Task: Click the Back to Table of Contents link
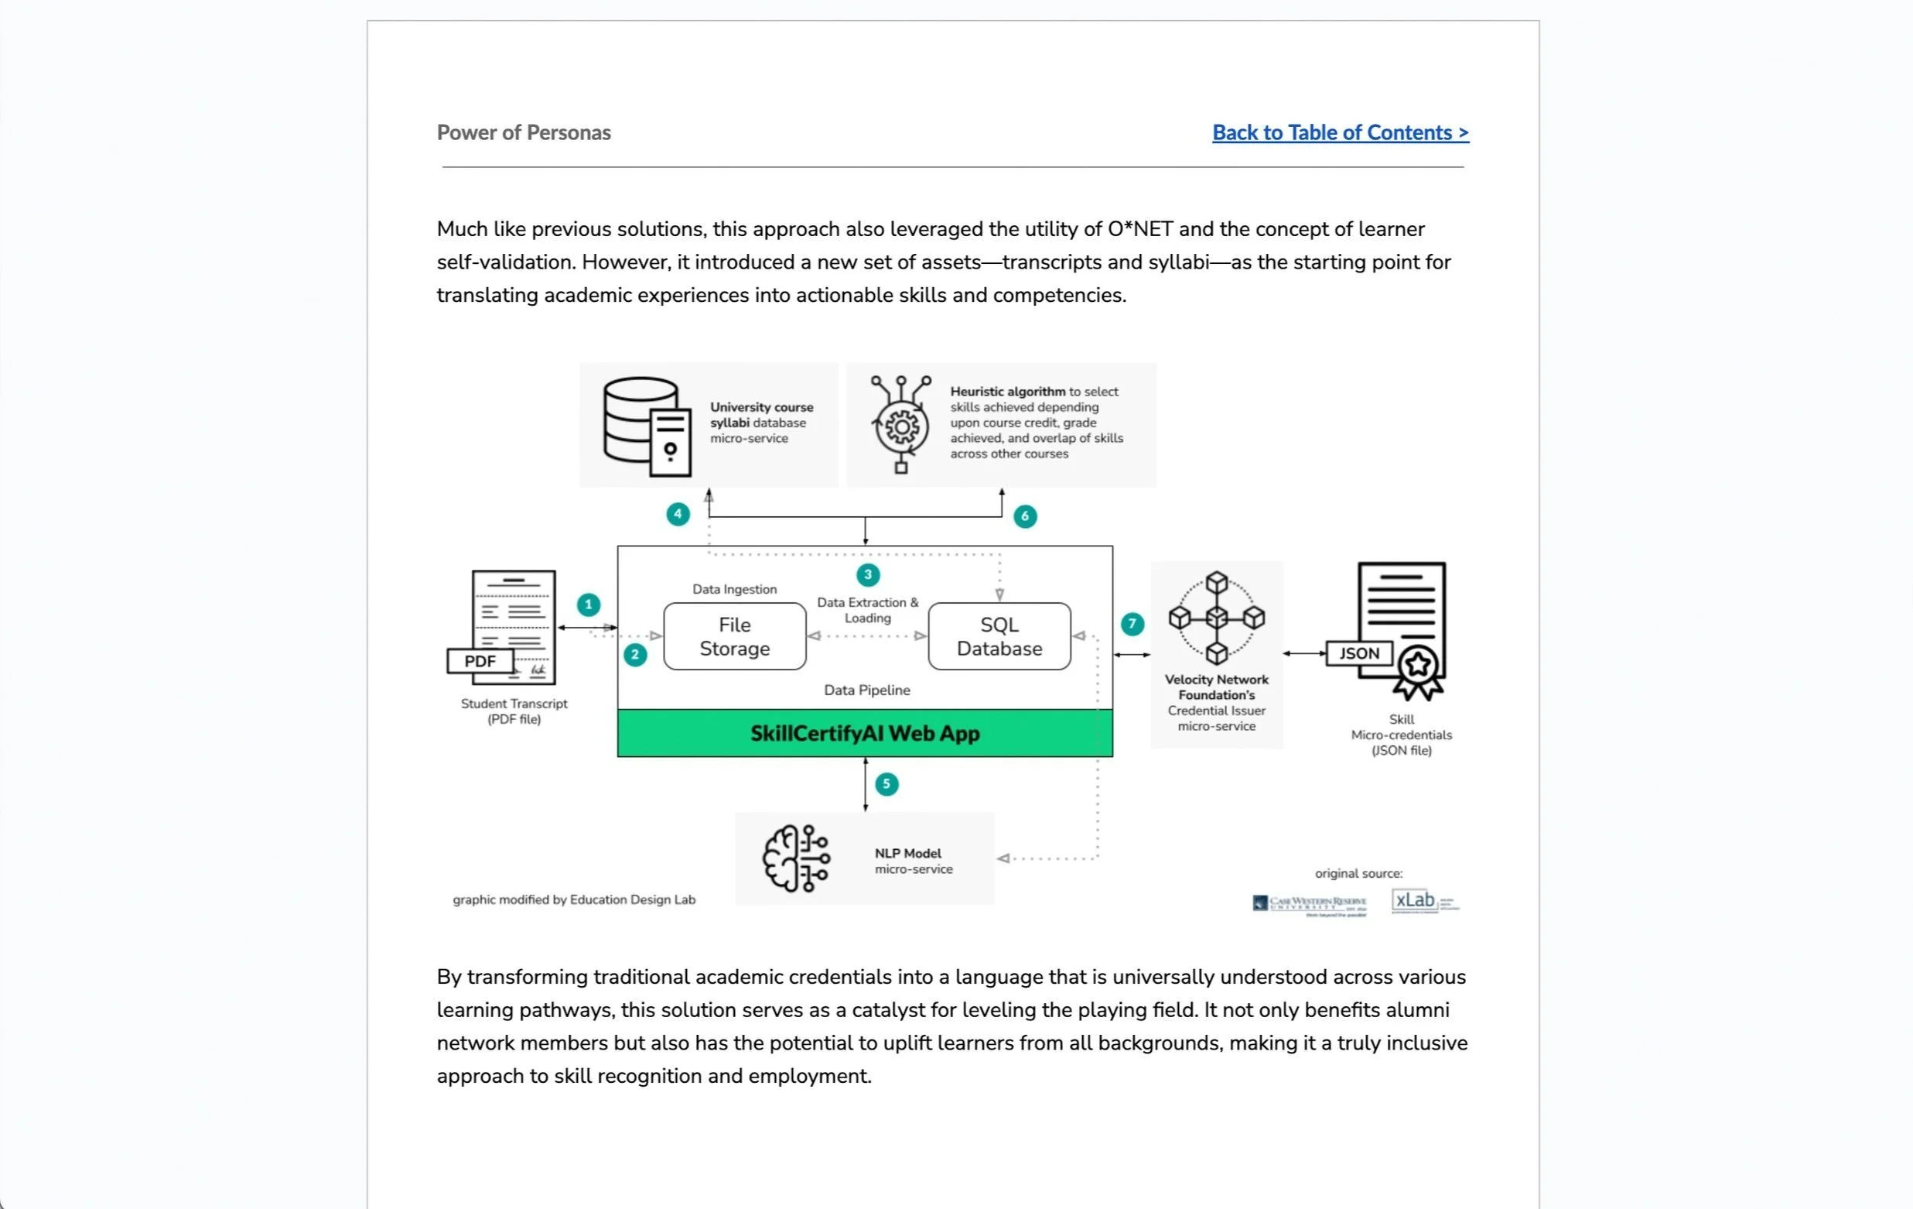[1341, 133]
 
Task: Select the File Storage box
[734, 637]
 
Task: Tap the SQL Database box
[999, 637]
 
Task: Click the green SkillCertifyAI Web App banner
[864, 733]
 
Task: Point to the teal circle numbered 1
[588, 605]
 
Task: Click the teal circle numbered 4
[678, 514]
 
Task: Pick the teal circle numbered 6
[1025, 517]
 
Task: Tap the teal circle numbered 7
[1132, 624]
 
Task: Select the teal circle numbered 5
[886, 785]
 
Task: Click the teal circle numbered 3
[867, 574]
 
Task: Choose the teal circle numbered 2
[635, 655]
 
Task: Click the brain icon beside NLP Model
[795, 858]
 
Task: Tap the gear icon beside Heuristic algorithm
[902, 426]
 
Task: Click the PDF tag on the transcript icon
[480, 661]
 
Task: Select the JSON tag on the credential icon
[1358, 653]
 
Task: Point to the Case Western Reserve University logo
[1309, 905]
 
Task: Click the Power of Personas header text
[524, 133]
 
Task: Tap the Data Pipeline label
[866, 690]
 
